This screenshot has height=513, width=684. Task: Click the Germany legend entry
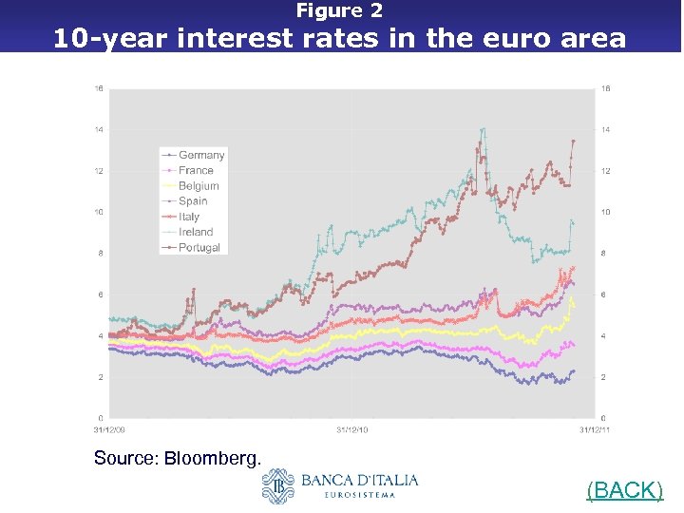tap(200, 155)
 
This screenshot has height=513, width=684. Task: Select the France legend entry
tap(195, 170)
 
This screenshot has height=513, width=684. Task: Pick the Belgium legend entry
tap(198, 186)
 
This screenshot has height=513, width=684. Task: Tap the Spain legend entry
tap(193, 201)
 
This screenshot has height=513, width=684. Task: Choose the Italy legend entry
tap(189, 217)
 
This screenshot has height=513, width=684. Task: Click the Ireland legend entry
tap(195, 232)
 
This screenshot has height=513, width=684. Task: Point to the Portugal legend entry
tap(199, 247)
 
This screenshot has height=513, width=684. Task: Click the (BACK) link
tap(624, 490)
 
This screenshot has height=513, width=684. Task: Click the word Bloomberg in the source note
tap(213, 459)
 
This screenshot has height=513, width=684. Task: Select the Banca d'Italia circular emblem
tap(278, 486)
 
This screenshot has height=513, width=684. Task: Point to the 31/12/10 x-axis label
tap(351, 430)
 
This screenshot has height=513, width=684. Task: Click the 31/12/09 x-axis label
tap(108, 430)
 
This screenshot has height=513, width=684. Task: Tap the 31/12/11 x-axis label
tap(595, 430)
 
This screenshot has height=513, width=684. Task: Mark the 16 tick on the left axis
tap(99, 88)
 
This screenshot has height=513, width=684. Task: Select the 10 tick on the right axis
tap(605, 212)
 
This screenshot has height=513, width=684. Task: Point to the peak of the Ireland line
tap(484, 128)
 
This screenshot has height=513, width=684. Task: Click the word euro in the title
tap(512, 39)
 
